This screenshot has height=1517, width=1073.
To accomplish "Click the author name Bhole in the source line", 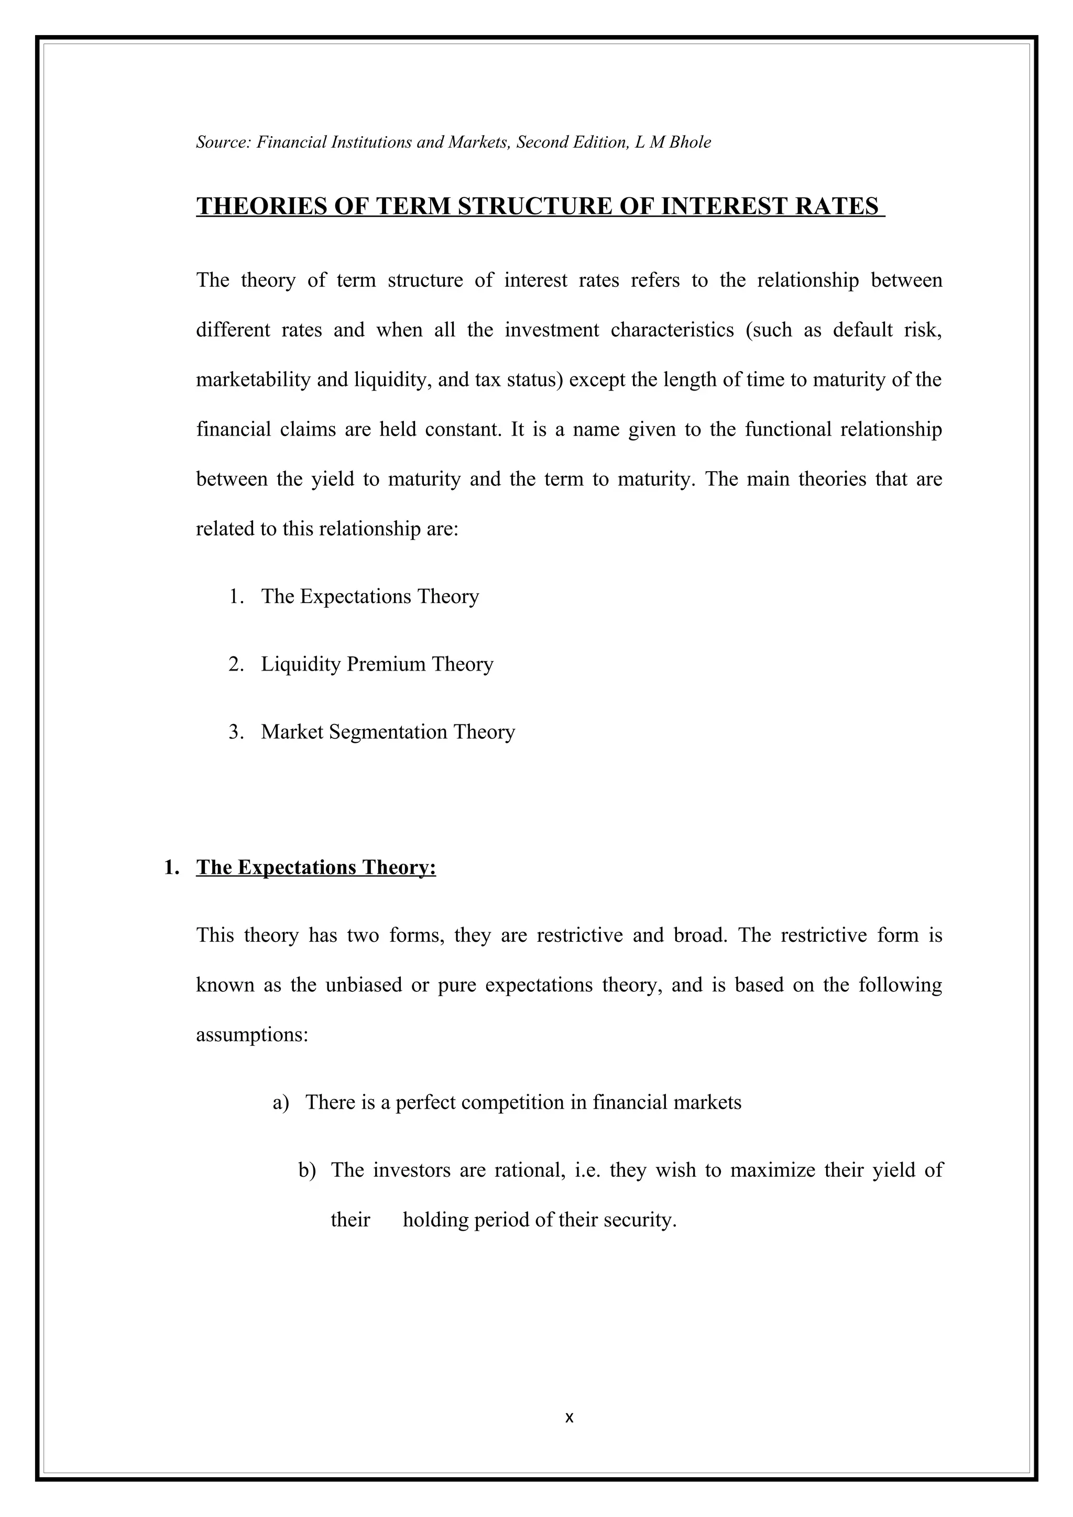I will (689, 142).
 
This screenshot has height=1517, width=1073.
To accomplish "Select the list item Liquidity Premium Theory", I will (377, 664).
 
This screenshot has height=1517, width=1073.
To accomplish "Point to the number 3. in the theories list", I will (236, 732).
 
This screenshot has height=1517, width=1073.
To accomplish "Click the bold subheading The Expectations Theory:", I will (316, 867).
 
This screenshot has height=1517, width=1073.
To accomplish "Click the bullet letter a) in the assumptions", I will (281, 1103).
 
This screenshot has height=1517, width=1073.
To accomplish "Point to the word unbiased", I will (364, 985).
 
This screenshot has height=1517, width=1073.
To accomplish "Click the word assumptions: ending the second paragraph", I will (252, 1035).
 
